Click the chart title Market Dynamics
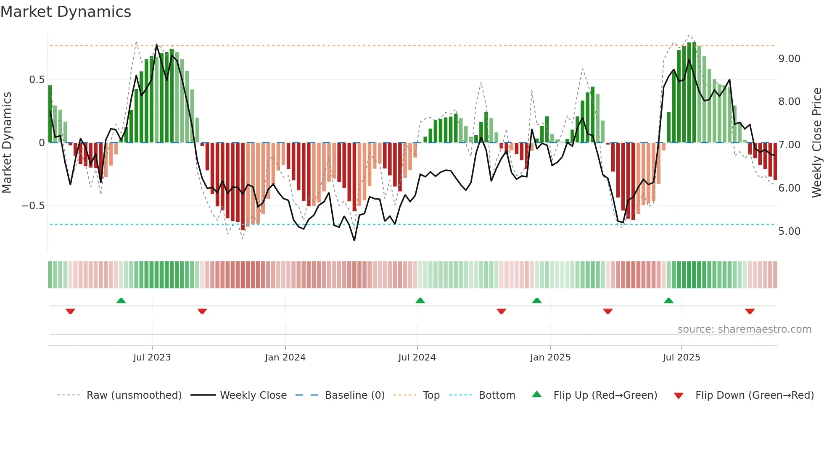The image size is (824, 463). coord(66,12)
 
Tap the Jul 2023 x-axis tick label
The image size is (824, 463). coord(152,358)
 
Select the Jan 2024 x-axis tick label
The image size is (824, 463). coord(285,358)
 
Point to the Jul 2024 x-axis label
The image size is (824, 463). coord(417,358)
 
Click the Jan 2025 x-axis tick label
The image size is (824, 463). coord(550,358)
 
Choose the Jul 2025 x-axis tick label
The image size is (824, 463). coord(681,358)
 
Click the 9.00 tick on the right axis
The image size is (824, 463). coord(789,59)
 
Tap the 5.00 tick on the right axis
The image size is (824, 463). coord(789,232)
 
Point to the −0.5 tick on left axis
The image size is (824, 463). coord(33,206)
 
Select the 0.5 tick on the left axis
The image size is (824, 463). coord(37,80)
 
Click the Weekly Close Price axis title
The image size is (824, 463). coord(816,143)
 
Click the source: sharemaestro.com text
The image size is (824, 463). coord(744,329)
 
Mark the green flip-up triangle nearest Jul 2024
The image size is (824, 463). coord(420,300)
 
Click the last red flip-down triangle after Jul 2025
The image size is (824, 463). coord(750,311)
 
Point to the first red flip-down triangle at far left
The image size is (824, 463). coord(70,311)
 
